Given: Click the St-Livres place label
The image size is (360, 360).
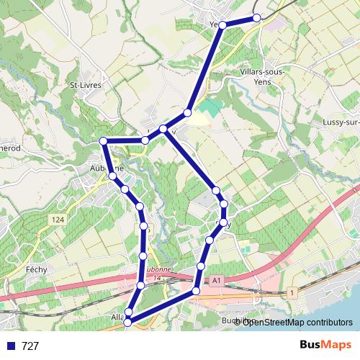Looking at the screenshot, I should point(86,85).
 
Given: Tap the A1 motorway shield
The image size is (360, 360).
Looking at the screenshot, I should point(215,280).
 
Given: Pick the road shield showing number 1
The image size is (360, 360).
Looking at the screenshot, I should point(292,292).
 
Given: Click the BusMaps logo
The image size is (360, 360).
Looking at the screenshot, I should point(322,346).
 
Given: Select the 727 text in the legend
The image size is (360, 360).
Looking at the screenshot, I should point(31,346).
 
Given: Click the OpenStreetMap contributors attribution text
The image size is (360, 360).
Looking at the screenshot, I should point(296,322).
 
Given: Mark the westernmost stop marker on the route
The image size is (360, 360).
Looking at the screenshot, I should point(103,140).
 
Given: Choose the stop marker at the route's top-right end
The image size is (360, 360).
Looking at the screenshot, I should point(257,18).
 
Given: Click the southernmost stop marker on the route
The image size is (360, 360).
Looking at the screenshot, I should point(127,323).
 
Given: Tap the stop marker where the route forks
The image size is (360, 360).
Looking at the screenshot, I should point(164,129).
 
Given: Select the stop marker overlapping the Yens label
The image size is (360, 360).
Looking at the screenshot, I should point(222,25).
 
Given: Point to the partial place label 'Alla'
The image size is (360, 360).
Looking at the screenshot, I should point(118,317).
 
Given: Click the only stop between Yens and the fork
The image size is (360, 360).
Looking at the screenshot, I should point(188,112).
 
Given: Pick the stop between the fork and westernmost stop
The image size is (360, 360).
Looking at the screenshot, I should point(145,140).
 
